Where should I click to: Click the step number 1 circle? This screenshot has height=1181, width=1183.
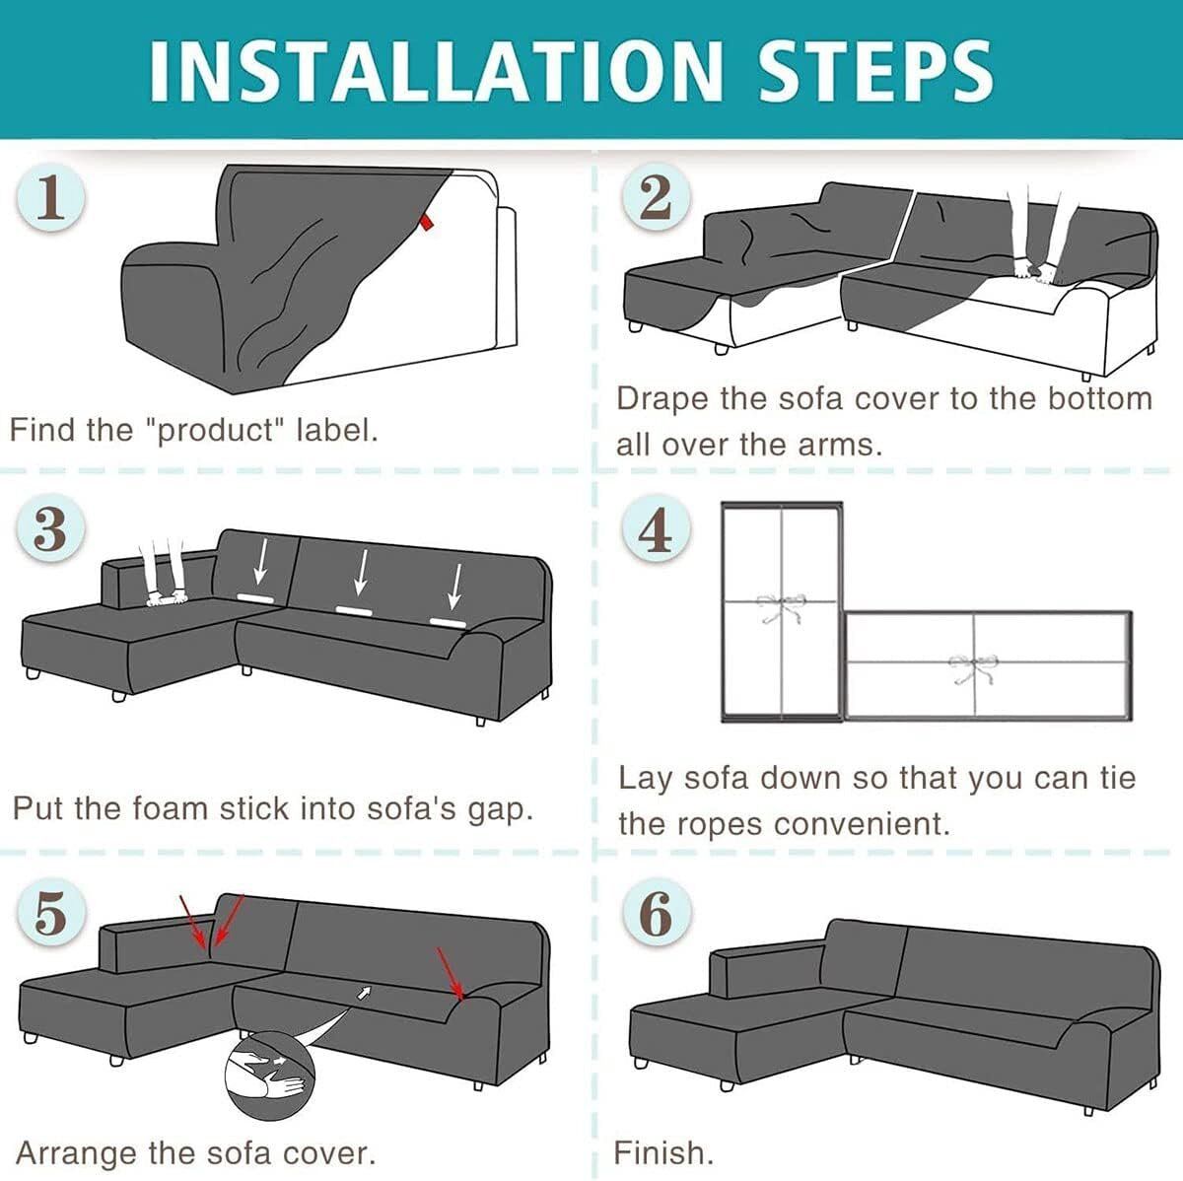51,199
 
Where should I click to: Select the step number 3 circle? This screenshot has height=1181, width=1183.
50,528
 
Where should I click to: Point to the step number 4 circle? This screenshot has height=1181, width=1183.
657,528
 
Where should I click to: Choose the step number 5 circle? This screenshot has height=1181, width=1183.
50,912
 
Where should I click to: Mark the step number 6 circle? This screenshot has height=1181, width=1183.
657,912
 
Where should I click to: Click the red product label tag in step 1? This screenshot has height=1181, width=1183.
427,223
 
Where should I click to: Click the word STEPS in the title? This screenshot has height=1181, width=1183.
876,71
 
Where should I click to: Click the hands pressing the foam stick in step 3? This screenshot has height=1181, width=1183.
166,595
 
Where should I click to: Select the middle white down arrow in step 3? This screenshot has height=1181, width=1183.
361,572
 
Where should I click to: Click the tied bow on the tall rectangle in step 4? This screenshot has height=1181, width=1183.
780,607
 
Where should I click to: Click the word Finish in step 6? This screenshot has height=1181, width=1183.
663,1152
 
